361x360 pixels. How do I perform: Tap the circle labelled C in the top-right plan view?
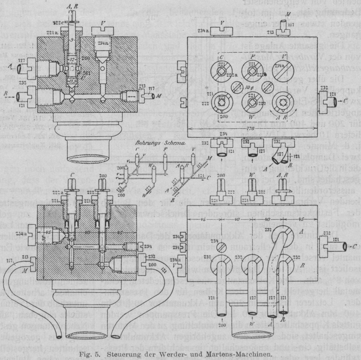point(221,68)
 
